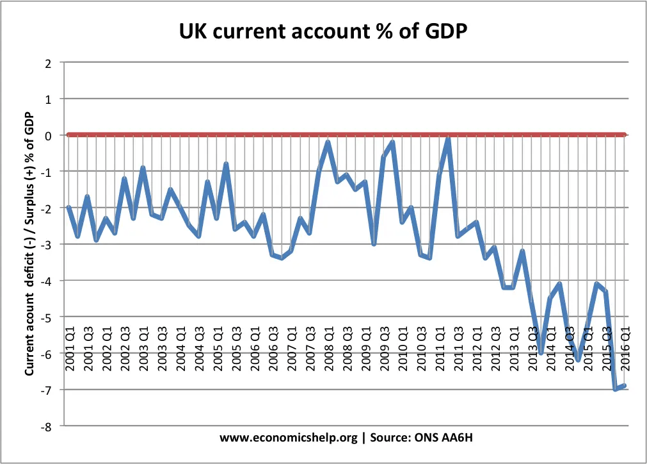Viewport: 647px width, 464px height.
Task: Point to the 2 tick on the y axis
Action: tap(48, 63)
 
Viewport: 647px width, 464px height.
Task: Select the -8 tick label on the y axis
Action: tap(46, 426)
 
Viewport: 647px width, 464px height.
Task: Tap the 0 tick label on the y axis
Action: tap(48, 135)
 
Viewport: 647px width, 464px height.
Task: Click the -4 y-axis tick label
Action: tap(46, 281)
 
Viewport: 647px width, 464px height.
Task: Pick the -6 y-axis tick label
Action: tap(46, 354)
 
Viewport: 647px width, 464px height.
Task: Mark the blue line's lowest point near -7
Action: tap(616, 389)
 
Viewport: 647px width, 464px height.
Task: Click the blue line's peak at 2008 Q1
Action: tap(328, 142)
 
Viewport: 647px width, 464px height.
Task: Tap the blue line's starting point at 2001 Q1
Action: tap(68, 207)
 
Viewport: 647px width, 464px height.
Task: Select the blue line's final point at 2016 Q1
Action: tap(625, 386)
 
